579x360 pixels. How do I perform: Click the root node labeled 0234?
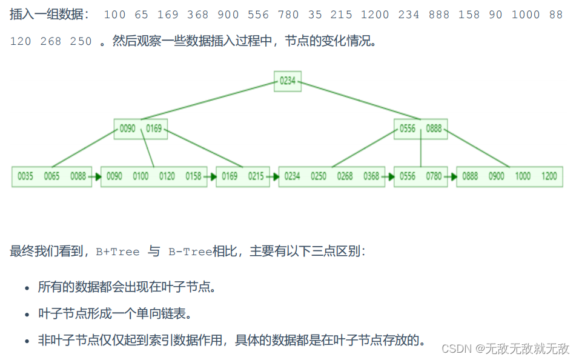pos(288,81)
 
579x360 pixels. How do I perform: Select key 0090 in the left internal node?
pos(128,128)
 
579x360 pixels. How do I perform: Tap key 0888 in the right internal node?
pos(434,128)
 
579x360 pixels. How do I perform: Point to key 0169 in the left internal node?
pos(153,128)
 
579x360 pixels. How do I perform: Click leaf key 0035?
pos(25,176)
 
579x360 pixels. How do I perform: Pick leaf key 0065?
pos(51,176)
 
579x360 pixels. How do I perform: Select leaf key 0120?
pos(167,176)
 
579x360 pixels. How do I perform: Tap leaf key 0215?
pos(256,176)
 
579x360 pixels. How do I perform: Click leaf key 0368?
pos(371,176)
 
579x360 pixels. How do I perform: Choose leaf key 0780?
pos(434,176)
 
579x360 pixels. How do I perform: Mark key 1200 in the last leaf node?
pos(549,176)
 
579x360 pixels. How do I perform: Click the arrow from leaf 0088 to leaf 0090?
pos(96,176)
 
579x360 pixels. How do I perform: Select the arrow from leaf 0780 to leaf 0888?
pos(451,176)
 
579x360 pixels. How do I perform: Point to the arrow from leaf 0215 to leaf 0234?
pos(274,176)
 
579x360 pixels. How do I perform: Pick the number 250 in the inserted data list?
pos(81,41)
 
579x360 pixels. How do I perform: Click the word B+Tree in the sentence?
pos(117,252)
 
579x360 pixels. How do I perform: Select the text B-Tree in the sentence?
pos(190,252)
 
